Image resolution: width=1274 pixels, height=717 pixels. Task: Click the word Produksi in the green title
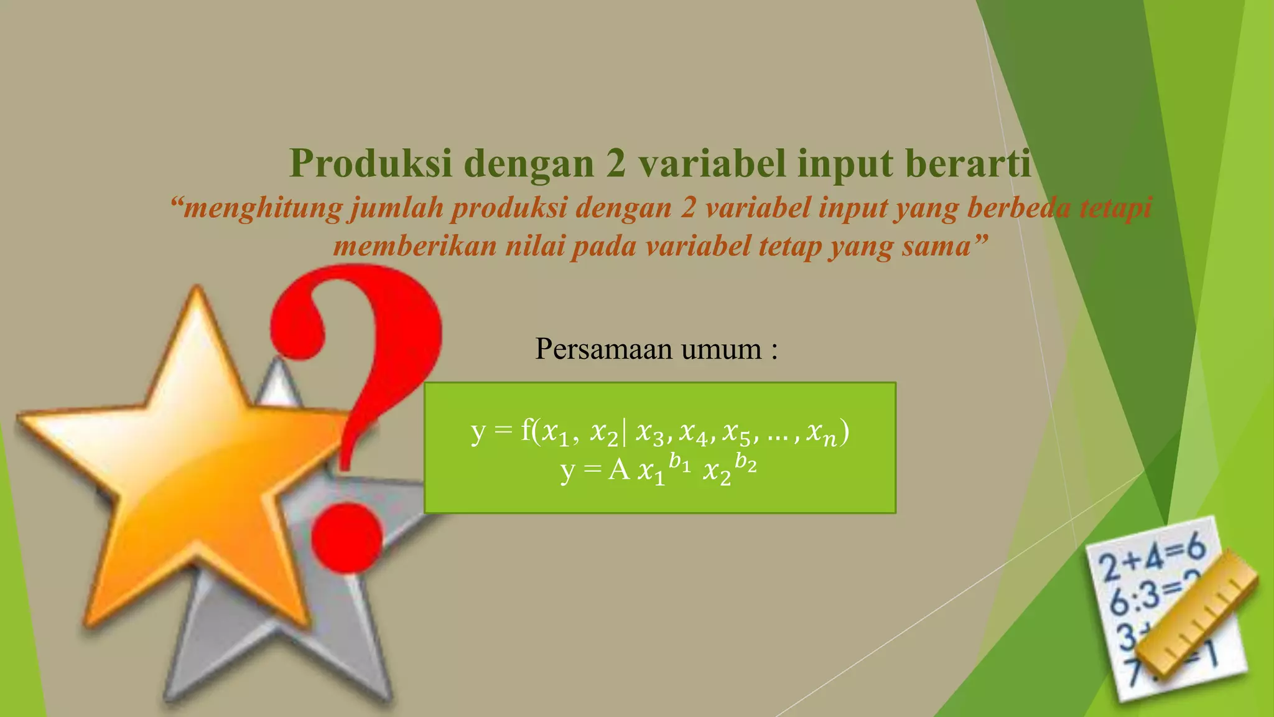coord(371,164)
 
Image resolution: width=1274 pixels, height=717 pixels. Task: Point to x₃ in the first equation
coord(651,433)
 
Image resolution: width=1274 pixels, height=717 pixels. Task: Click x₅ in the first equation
coord(738,433)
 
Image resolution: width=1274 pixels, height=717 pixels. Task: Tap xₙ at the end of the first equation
coord(821,433)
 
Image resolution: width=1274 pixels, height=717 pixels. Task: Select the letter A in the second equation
coord(619,471)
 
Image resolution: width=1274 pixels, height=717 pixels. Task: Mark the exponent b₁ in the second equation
coord(679,463)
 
